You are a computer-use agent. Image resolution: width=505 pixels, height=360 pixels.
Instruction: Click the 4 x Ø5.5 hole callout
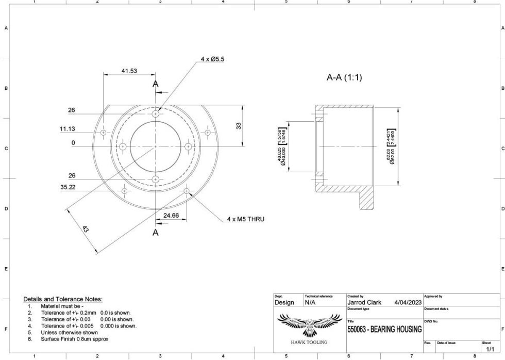click(212, 60)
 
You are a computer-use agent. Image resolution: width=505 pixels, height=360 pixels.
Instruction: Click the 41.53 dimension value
click(129, 71)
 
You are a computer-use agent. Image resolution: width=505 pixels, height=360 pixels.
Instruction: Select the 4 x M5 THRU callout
click(245, 219)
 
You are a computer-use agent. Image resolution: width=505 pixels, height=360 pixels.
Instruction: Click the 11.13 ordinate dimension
click(68, 129)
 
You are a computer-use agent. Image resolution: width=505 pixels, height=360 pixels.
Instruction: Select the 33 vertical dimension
click(239, 125)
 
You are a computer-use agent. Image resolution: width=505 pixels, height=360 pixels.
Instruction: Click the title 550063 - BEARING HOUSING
click(384, 329)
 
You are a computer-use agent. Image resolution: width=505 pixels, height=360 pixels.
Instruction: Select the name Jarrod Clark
click(364, 302)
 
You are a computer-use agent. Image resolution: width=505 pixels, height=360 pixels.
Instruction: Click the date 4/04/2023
click(408, 302)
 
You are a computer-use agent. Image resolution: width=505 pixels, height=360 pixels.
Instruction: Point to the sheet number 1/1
click(490, 349)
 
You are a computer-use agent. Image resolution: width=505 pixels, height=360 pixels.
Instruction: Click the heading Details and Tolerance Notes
click(63, 299)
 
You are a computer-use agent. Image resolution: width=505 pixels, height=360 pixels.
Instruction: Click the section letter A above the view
click(155, 84)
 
